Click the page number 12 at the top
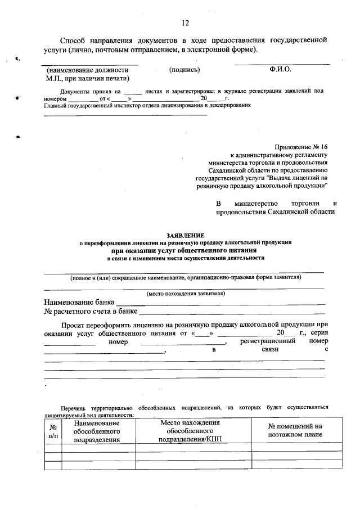coord(185,23)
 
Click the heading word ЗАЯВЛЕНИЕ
coord(185,234)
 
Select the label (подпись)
coord(184,70)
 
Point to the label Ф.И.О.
coord(280,70)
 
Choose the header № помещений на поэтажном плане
coord(295,430)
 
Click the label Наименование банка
coord(79,301)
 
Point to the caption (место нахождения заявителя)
coord(185,294)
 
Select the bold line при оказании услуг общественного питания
coord(185,250)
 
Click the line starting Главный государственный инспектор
coord(147,105)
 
